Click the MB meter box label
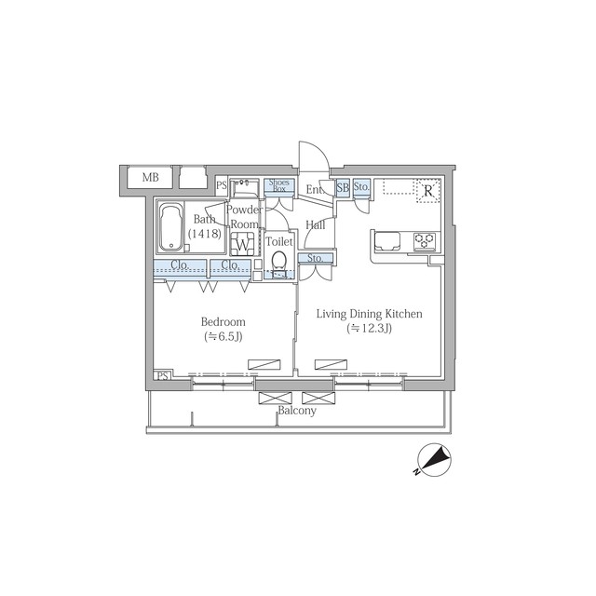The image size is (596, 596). pos(151,177)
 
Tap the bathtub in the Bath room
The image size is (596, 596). pos(171,227)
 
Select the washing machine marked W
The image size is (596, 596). pos(242,243)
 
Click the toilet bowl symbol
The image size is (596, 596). pos(279,261)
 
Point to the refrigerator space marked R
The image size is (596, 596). pos(428,190)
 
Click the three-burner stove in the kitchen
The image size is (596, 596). pos(425,241)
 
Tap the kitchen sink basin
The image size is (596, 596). pos(387,242)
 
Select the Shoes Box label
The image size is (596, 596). pos(279,185)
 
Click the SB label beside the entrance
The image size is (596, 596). pos(343,187)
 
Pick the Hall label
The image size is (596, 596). pos(316,225)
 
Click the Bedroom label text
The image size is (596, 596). pos(223,322)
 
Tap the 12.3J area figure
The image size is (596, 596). pos(369,328)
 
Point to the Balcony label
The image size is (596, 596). pos(297,411)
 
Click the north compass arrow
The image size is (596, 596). pos(435,459)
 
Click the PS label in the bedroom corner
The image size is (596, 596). pos(162,376)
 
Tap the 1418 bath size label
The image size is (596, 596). pos(205,234)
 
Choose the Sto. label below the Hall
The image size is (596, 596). pos(315,258)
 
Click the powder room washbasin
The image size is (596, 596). pos(245,187)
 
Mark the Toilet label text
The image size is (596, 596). pos(279,241)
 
